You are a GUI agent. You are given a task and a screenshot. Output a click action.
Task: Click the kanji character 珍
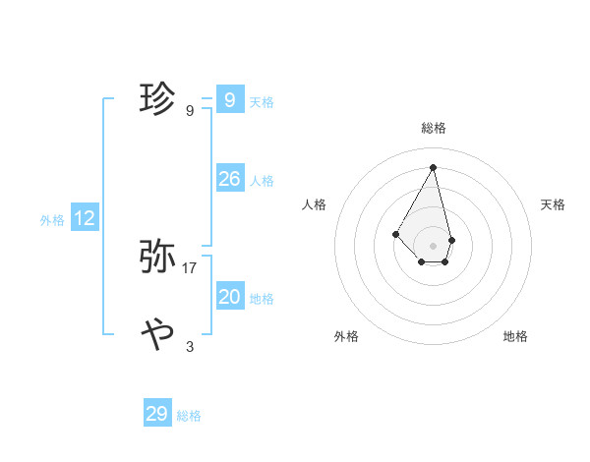click(x=158, y=99)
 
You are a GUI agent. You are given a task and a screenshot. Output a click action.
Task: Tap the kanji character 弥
click(x=158, y=258)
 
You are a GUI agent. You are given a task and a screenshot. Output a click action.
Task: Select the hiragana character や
click(x=158, y=335)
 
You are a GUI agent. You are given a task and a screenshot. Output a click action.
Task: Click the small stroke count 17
click(x=190, y=267)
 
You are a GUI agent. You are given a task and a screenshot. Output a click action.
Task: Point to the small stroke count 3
click(x=190, y=346)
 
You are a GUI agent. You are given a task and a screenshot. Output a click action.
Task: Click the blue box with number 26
click(x=230, y=178)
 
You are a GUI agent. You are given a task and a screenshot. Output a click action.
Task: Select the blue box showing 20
click(x=230, y=296)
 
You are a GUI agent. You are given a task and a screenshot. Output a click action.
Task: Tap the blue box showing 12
click(x=85, y=218)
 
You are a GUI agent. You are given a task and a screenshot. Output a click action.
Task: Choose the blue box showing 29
click(x=157, y=414)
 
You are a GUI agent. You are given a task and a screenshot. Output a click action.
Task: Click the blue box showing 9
click(x=230, y=99)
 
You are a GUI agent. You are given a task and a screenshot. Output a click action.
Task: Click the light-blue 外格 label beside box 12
click(x=52, y=220)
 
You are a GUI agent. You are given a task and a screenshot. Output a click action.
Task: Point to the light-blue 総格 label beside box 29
click(x=189, y=416)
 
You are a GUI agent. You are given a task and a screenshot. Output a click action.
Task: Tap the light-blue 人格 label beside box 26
click(x=262, y=181)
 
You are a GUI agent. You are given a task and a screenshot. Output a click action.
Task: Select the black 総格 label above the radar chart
click(x=434, y=128)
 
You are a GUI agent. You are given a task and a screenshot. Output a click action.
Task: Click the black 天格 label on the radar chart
click(x=554, y=204)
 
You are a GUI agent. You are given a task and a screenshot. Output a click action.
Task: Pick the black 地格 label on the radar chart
click(x=515, y=336)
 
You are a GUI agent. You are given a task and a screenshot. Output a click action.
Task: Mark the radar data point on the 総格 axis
click(x=434, y=166)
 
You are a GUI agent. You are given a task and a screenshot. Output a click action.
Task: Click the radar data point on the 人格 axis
click(x=396, y=234)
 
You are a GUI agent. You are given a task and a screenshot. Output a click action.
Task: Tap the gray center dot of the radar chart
click(x=434, y=245)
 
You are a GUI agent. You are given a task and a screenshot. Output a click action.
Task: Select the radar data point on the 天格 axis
click(x=451, y=240)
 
